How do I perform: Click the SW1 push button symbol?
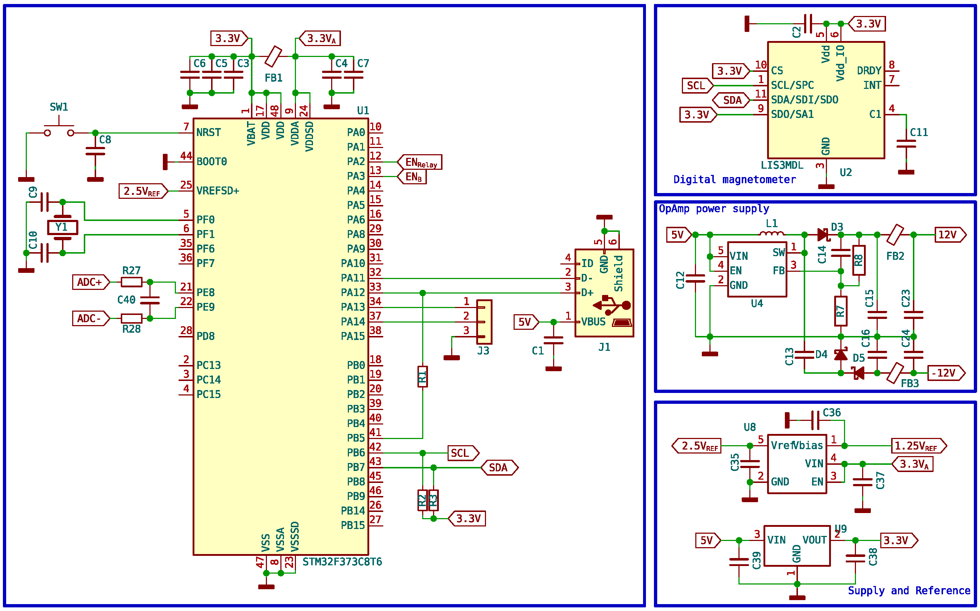59,129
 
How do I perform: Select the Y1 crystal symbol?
62,227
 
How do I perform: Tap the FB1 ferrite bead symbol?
273,57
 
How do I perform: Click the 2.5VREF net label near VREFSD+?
143,191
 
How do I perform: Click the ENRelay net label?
420,162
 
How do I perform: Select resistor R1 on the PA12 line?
423,377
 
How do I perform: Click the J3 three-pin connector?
484,322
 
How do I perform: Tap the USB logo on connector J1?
612,305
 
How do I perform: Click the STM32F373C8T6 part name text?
342,562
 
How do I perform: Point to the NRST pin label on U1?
209,132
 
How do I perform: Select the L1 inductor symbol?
771,233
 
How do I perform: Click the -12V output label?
945,373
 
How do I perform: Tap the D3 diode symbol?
823,234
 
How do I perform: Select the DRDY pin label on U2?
869,71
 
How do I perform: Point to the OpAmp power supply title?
714,209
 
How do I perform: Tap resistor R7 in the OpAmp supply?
841,311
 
